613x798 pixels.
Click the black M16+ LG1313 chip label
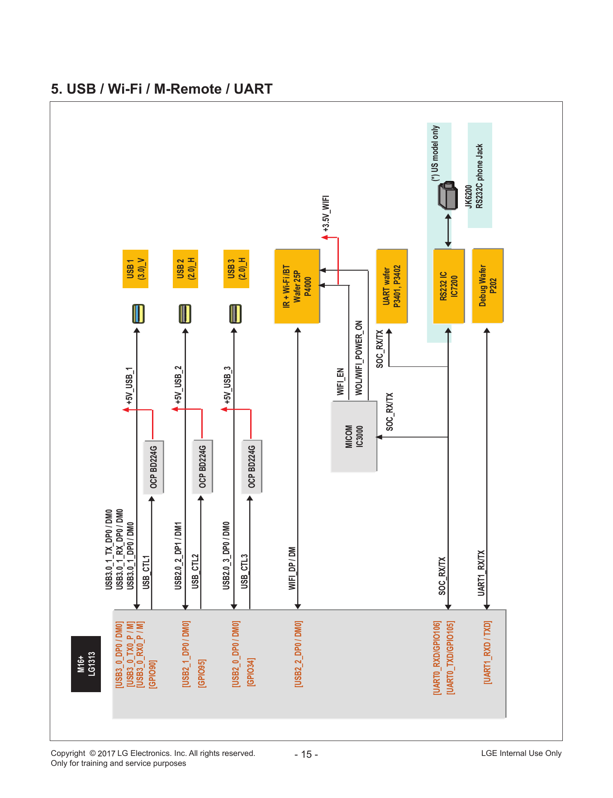(x=86, y=664)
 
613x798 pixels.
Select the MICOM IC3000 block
(x=354, y=437)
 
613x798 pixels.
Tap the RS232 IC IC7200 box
(x=449, y=286)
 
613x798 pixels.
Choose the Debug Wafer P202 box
(x=488, y=285)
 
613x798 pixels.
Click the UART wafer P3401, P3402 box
(x=392, y=286)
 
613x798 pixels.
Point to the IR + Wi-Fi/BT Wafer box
(x=297, y=286)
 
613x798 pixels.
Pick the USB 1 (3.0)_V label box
(x=136, y=269)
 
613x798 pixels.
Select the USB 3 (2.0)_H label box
(x=236, y=269)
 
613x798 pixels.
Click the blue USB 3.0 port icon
(x=138, y=313)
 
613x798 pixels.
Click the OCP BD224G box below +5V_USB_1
(x=154, y=467)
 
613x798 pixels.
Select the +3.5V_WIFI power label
(x=326, y=214)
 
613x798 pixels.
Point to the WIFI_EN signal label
(x=340, y=382)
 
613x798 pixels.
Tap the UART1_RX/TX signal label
(x=481, y=573)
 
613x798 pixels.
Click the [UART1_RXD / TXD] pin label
(x=488, y=652)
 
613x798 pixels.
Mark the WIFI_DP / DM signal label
(x=292, y=568)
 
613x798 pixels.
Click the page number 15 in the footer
(x=306, y=755)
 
